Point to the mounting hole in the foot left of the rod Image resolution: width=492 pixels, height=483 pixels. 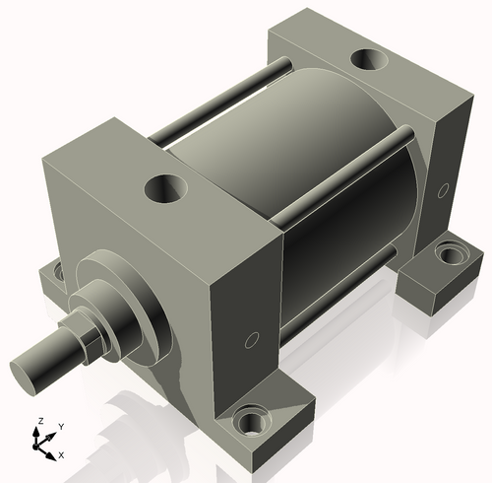[x=59, y=269]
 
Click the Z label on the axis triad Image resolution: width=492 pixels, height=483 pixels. [x=39, y=421]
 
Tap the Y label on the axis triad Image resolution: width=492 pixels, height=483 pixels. [x=60, y=426]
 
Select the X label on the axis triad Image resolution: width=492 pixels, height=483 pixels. [x=61, y=454]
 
